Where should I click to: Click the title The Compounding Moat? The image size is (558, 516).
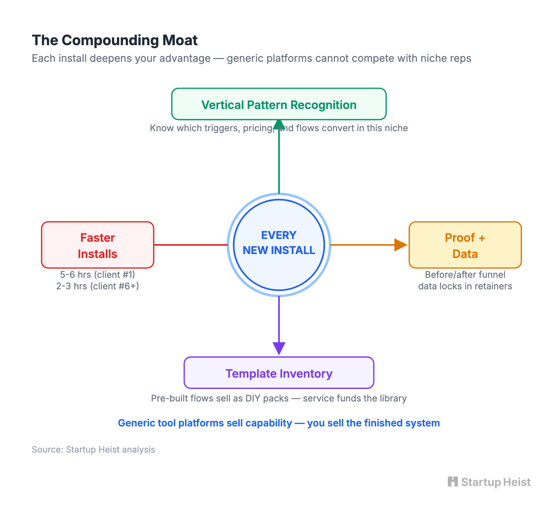115,40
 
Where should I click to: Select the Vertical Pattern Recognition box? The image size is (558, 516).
279,104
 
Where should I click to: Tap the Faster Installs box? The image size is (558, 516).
97,245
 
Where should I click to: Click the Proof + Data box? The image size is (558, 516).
465,245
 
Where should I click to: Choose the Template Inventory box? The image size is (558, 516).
279,373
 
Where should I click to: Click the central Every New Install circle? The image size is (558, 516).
279,245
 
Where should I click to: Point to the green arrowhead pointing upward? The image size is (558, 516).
279,124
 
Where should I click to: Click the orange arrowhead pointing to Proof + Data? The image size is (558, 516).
400,245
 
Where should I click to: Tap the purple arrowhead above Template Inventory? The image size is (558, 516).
279,348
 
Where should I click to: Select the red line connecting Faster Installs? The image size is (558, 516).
190,245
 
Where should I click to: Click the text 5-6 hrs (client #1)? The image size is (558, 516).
97,275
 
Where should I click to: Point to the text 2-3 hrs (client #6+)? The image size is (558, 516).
97,286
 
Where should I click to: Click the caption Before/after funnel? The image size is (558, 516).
465,275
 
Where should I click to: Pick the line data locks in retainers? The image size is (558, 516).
465,286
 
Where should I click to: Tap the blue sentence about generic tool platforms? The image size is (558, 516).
279,423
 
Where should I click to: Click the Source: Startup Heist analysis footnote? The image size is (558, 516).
93,449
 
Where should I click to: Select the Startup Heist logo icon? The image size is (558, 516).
453,482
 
